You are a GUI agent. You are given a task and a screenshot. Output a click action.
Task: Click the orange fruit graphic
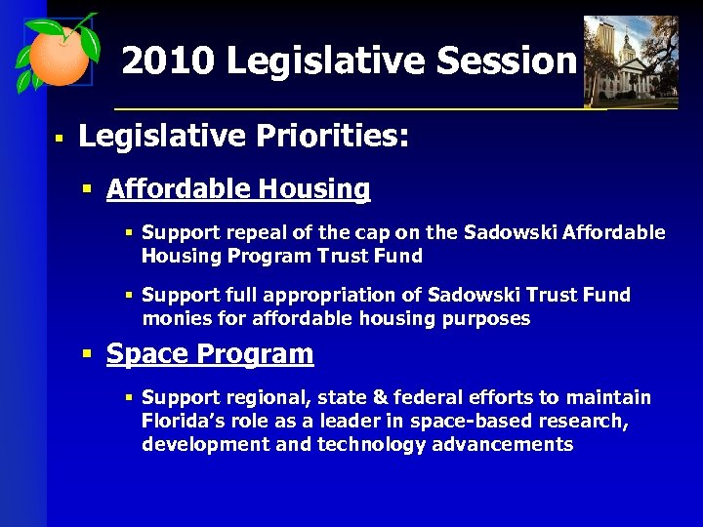click(57, 56)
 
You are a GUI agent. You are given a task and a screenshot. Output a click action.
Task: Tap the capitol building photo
click(630, 61)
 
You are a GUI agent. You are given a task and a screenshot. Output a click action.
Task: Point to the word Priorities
click(333, 136)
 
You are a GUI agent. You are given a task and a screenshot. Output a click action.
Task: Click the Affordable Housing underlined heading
click(238, 188)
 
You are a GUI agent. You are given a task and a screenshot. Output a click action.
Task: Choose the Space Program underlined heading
click(210, 353)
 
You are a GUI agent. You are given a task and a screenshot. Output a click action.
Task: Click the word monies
click(173, 318)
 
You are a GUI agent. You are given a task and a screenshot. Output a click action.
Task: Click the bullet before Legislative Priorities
click(59, 139)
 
